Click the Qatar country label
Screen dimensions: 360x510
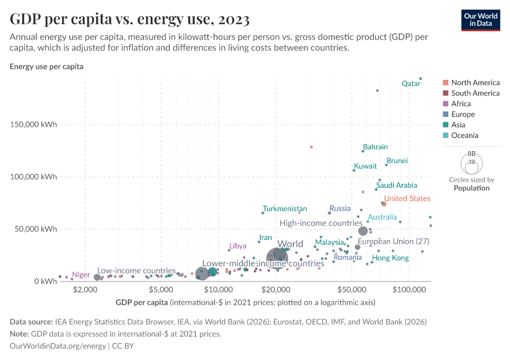point(411,84)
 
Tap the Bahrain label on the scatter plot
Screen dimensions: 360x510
point(375,147)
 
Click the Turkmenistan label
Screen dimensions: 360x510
point(284,209)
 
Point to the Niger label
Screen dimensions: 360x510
point(81,275)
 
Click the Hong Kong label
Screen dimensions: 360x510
point(390,258)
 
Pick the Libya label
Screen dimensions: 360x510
point(238,246)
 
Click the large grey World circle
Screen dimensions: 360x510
point(277,259)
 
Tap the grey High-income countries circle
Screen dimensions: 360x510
point(363,231)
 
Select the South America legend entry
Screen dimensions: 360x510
point(475,93)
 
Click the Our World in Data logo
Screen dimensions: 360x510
point(481,19)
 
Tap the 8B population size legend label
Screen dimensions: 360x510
point(471,154)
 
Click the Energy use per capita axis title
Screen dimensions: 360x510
point(46,67)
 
